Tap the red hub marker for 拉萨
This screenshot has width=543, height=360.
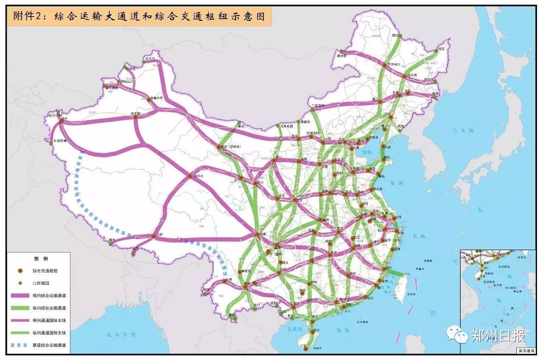click(153, 236)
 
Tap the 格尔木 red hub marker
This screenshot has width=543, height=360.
click(190, 176)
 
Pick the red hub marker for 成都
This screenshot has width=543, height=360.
click(256, 234)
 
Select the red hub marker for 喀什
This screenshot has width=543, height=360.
click(62, 121)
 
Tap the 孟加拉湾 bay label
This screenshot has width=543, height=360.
click(115, 335)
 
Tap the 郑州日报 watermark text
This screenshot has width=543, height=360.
click(498, 336)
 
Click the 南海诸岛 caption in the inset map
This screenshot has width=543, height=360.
click(526, 351)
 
